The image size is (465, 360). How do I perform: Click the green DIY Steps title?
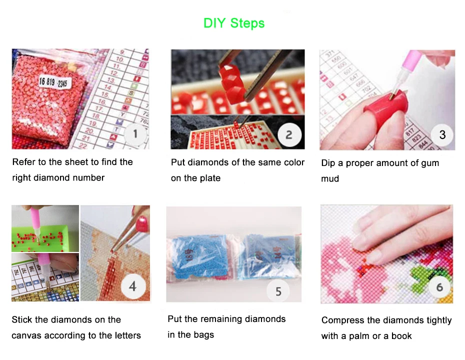234,23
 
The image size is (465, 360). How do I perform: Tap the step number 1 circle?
135,133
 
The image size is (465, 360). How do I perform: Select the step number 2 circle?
288,134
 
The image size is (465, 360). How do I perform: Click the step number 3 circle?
442,134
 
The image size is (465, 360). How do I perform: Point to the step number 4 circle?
132,286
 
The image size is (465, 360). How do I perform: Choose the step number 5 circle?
278,291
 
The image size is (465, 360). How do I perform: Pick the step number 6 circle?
439,287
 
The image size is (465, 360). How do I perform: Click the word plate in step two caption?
210,178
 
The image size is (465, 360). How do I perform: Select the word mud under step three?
330,178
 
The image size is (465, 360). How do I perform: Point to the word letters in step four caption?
125,335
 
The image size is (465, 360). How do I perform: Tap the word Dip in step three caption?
328,163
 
